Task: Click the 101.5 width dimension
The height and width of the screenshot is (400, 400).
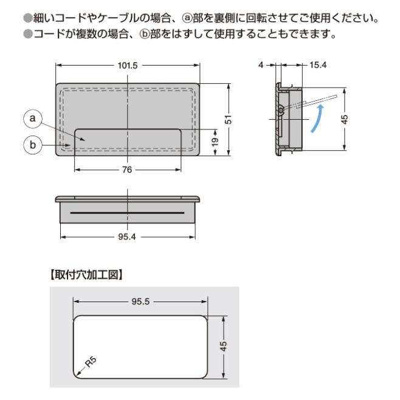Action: click(x=127, y=66)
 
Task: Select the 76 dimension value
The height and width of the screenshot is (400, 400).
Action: click(x=126, y=170)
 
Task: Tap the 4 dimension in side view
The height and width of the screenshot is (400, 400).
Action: click(x=261, y=66)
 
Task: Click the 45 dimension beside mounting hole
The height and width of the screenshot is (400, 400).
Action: click(x=224, y=346)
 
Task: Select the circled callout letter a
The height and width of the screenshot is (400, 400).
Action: click(x=32, y=119)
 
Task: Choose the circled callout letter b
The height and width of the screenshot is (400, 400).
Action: click(x=32, y=145)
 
